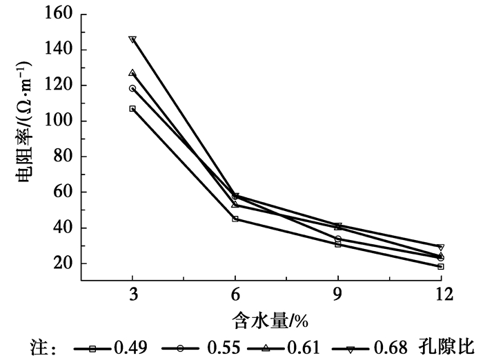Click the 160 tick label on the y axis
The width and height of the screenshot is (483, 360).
point(60,14)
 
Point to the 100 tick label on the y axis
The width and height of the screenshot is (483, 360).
point(60,121)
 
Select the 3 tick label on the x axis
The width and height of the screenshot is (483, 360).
point(132,294)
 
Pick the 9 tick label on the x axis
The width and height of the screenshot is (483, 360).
point(338,294)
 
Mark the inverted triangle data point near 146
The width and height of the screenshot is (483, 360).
point(132,39)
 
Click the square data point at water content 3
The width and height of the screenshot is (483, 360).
point(132,108)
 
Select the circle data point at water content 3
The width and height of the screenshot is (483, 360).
point(132,88)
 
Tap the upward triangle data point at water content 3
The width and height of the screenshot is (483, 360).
point(132,72)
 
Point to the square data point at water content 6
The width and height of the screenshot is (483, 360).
point(235,219)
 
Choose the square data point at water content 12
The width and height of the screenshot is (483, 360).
point(440,266)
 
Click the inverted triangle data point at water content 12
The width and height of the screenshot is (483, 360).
point(440,247)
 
